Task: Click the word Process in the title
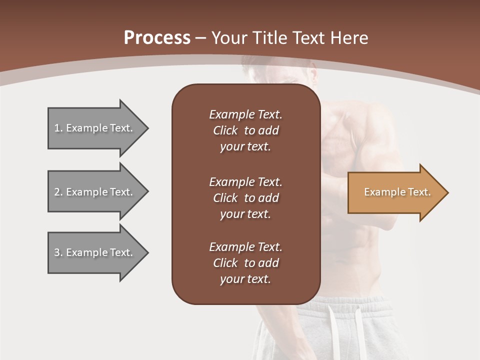click(x=157, y=38)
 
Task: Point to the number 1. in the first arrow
click(x=58, y=128)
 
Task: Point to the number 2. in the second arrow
click(x=58, y=192)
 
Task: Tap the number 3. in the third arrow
click(x=58, y=252)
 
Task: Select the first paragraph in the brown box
click(x=245, y=130)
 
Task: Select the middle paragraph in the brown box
click(x=245, y=198)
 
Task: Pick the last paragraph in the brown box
click(x=245, y=263)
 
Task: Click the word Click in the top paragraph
click(x=225, y=130)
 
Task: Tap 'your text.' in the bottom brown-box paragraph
click(x=245, y=279)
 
